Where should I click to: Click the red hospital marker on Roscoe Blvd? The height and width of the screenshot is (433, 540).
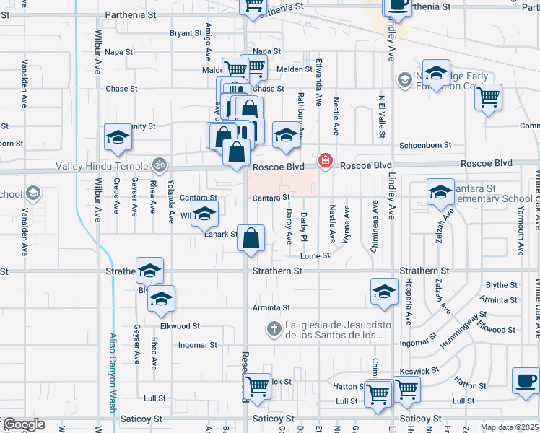point(326,159)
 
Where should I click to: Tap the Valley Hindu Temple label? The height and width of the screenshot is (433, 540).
point(102,165)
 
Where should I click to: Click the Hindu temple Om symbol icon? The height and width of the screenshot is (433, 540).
point(160,165)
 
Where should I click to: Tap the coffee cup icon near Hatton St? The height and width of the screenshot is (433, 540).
point(525,380)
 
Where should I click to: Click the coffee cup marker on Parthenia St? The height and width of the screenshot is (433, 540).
point(397,5)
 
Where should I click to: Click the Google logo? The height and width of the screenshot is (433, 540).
point(23,424)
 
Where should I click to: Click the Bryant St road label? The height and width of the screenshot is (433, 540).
point(186,33)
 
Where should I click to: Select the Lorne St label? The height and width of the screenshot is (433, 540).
point(315,255)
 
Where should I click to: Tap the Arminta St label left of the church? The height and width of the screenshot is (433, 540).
point(271,307)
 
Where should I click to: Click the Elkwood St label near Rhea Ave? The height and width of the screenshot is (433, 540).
point(175,326)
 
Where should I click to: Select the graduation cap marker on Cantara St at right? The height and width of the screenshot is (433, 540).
point(440,193)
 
